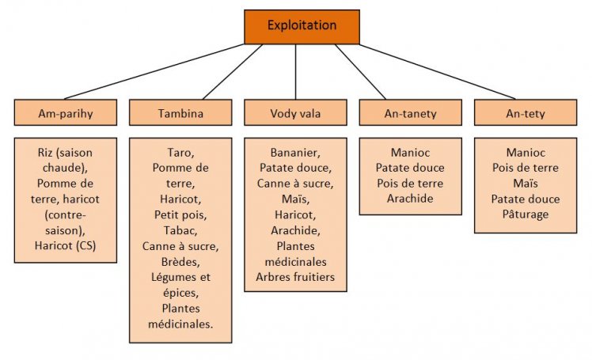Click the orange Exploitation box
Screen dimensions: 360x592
coord(302,26)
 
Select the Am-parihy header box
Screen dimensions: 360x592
coord(66,113)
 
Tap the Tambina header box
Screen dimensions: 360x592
coord(180,113)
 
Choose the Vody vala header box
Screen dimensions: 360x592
coord(295,113)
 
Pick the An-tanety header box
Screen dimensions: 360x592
coord(410,113)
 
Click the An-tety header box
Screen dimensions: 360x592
coord(525,113)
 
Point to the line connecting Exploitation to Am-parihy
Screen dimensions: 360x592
coord(154,71)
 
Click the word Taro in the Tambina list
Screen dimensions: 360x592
coord(180,153)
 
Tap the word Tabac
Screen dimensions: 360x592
coord(180,230)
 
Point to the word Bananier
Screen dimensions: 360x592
coord(295,153)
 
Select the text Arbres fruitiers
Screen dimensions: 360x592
coord(295,277)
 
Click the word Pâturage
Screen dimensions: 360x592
coord(525,214)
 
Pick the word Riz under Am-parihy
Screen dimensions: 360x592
coord(47,153)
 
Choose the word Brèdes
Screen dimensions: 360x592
coord(180,261)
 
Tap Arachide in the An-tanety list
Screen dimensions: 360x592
coord(410,199)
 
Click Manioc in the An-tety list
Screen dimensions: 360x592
coord(525,153)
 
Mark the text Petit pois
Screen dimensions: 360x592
coord(180,214)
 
